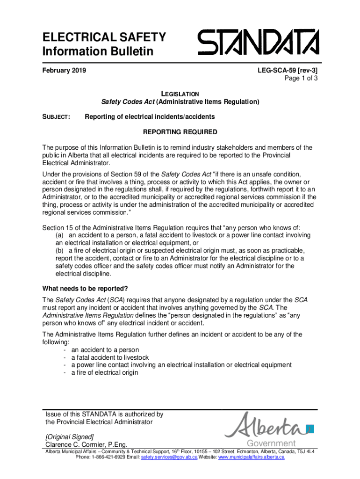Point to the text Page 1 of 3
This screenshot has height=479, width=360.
point(301,79)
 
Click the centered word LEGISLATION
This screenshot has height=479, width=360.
point(180,94)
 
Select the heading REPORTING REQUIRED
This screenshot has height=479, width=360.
point(180,132)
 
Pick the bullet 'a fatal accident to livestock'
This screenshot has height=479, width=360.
point(110,357)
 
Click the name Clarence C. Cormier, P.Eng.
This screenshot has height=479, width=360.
point(86,444)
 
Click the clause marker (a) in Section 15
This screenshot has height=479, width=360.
point(60,235)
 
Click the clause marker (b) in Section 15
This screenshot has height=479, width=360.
point(60,250)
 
